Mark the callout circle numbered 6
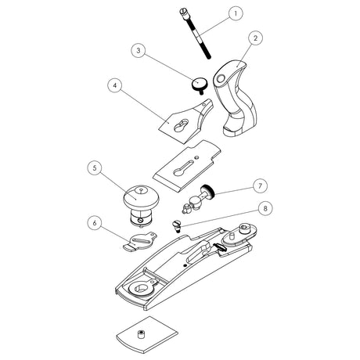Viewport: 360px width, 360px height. [94, 223]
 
